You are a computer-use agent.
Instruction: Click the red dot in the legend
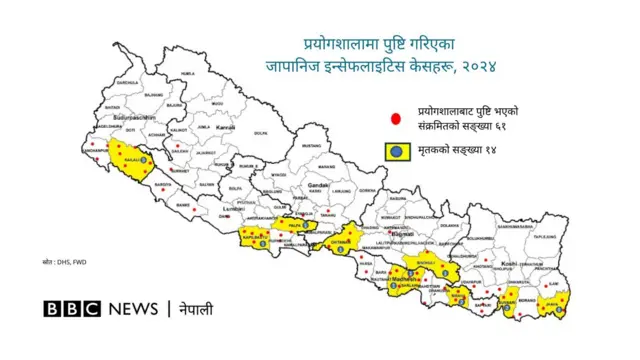pyautogui.click(x=397, y=117)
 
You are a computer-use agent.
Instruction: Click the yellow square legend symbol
pyautogui.click(x=397, y=152)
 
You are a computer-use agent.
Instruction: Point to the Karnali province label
pyautogui.click(x=226, y=127)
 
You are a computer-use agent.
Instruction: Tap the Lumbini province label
pyautogui.click(x=234, y=206)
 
